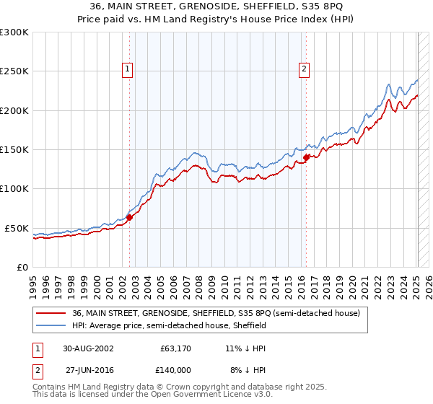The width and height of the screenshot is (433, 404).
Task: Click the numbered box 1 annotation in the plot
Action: [x=127, y=69]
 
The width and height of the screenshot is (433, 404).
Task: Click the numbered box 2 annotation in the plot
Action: [x=304, y=69]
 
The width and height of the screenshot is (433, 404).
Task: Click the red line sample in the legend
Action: [x=51, y=314]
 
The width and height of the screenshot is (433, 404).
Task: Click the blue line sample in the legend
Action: [x=51, y=326]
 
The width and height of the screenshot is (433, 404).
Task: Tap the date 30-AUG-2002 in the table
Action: [x=88, y=348]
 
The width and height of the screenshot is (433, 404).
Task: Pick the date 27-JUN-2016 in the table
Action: [x=88, y=369]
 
